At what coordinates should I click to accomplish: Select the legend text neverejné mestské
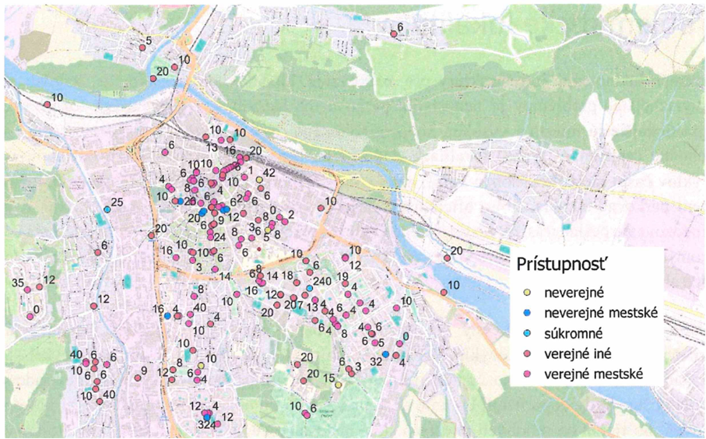pos(600,312)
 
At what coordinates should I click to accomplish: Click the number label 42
pos(270,172)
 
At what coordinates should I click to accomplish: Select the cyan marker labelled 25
pos(107,209)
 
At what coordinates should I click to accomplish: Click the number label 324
pos(206,426)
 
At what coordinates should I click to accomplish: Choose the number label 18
pos(287,276)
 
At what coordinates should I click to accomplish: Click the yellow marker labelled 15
pos(338,384)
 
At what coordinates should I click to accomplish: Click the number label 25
pos(117,202)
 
